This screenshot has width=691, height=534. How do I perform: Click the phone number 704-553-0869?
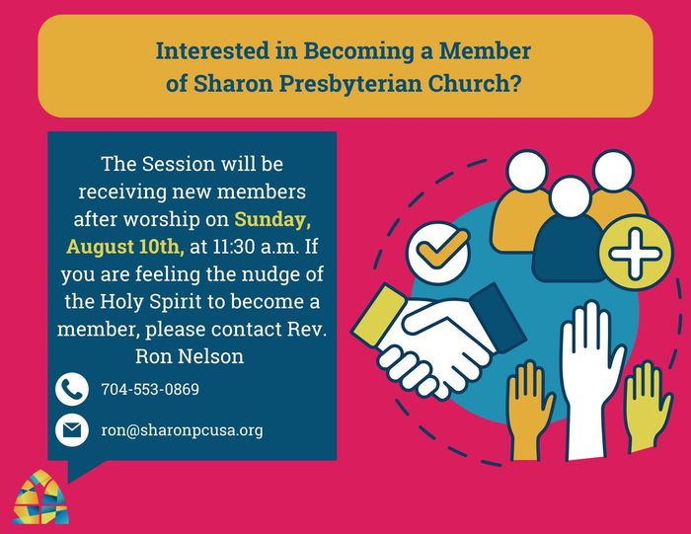pos(150,390)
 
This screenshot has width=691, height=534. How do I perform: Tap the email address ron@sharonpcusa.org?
pos(182,430)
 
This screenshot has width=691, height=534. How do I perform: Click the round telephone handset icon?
pos(72,389)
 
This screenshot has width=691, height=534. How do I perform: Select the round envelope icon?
pos(72,430)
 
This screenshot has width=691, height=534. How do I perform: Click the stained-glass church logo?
pos(40,497)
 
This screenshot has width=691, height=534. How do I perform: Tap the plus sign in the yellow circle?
pos(635,254)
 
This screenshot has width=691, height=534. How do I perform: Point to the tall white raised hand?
pos(590,379)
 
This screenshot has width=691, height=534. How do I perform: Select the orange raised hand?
pos(527,410)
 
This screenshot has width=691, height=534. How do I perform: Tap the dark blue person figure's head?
pos(571,197)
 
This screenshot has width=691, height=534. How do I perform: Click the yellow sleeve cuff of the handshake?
pos(378,316)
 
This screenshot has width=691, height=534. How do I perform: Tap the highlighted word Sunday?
pos(272,219)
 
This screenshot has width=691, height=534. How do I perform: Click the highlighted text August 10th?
pos(125,247)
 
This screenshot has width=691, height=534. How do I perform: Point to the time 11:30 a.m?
pos(257,247)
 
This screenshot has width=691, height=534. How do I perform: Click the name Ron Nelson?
pos(190,356)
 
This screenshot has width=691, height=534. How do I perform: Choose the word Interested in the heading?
pos(212,51)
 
